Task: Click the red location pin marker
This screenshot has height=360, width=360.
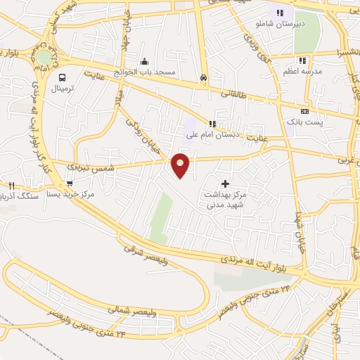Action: click(181, 164)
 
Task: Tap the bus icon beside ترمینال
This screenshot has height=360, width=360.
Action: click(63, 78)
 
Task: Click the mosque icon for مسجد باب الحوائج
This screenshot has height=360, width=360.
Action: click(144, 61)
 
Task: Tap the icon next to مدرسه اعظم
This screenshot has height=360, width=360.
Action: click(302, 61)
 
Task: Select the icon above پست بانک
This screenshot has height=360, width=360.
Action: click(304, 111)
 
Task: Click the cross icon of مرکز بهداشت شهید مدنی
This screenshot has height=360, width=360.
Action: click(225, 184)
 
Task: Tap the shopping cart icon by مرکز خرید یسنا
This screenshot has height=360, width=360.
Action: click(69, 184)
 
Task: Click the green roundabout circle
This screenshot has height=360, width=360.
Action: click(44, 57)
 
